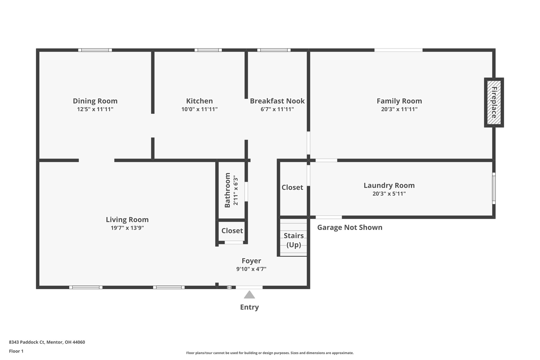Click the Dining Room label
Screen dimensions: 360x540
click(x=95, y=101)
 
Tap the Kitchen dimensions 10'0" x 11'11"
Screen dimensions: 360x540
click(x=199, y=109)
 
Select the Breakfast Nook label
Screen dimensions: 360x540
click(x=277, y=101)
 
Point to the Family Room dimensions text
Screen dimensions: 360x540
click(x=399, y=109)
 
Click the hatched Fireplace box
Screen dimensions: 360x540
click(x=494, y=102)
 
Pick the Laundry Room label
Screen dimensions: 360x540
click(x=389, y=185)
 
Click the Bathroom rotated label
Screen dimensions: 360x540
click(x=227, y=190)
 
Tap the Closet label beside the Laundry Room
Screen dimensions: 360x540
click(x=292, y=188)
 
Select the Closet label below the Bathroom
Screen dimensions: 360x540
click(x=232, y=231)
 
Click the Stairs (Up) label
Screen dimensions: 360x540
click(x=293, y=240)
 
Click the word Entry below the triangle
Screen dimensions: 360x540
click(x=249, y=307)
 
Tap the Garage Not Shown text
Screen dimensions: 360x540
click(x=350, y=227)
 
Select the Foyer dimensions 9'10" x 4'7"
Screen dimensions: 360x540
click(x=251, y=269)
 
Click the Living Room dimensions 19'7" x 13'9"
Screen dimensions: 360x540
click(x=127, y=228)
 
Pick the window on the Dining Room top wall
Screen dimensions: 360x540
click(x=95, y=50)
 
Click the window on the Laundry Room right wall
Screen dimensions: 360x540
click(x=494, y=188)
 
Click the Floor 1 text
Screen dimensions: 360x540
click(x=16, y=351)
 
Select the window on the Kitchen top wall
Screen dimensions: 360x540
click(x=208, y=50)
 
